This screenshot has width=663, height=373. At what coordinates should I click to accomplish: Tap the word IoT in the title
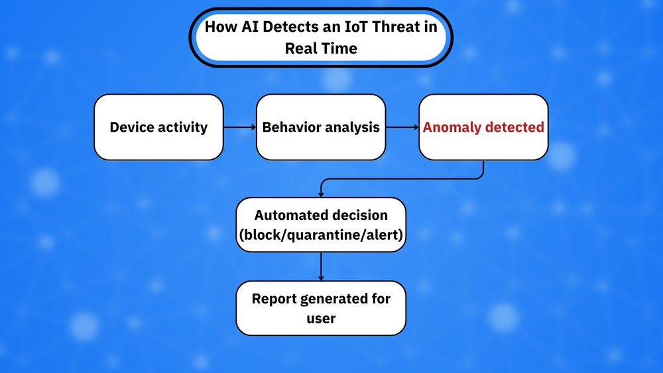(356, 27)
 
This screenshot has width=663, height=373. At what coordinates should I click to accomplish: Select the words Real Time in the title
(321, 48)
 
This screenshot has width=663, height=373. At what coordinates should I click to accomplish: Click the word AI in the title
(250, 27)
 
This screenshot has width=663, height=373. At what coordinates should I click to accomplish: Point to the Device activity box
(158, 127)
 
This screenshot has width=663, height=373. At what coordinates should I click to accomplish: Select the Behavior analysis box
(321, 127)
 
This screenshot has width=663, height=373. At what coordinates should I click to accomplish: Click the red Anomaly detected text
(483, 127)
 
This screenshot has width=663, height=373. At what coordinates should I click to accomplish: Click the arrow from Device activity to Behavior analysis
(240, 127)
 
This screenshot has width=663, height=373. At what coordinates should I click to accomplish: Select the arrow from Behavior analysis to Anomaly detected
(402, 127)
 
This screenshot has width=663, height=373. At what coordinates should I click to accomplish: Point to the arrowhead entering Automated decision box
(321, 194)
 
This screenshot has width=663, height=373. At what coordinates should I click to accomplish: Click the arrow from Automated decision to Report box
(321, 266)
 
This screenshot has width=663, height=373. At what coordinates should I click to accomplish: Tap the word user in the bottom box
(321, 319)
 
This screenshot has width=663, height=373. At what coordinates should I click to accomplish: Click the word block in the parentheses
(263, 235)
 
